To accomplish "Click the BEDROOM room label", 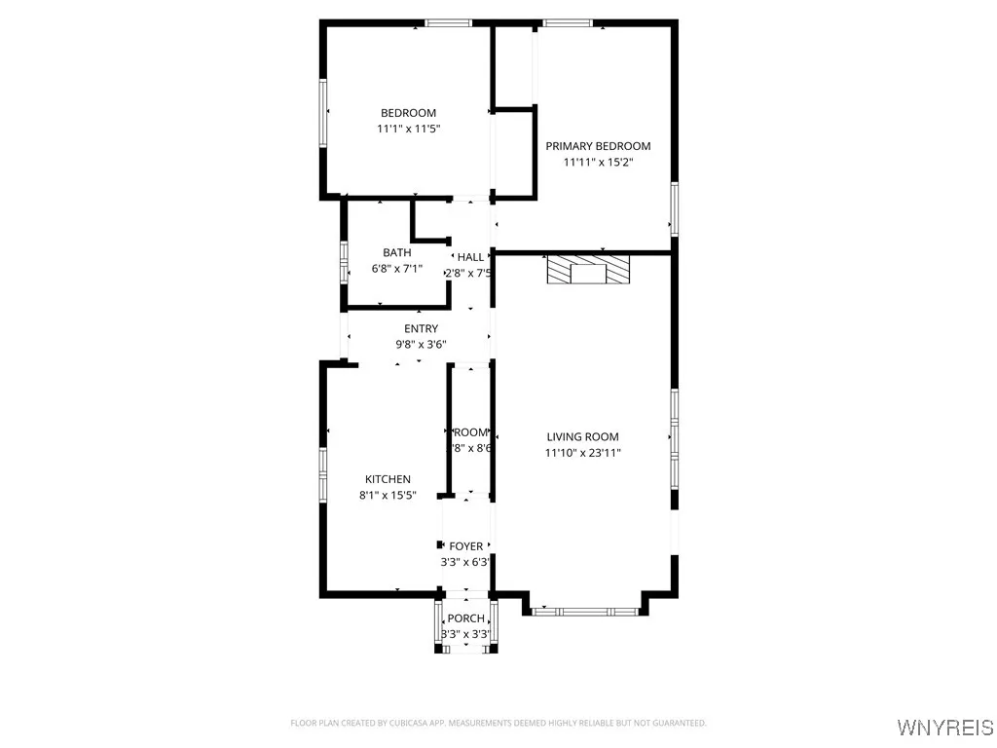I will (408, 113).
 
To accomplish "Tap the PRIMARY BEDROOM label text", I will (598, 146).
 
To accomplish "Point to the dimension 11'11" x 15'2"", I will (598, 162).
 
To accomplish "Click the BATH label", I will (396, 253).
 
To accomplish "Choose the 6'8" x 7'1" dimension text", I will (396, 269).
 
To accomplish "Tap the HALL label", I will (470, 257).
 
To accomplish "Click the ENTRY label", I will (421, 328).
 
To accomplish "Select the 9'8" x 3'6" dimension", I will (421, 344).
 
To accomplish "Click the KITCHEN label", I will (388, 479).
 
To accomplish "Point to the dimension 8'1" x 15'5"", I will (388, 495).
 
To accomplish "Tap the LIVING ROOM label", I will (582, 437).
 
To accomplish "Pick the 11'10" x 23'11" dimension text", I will (582, 453).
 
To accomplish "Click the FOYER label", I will (465, 546).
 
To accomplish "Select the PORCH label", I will (465, 618).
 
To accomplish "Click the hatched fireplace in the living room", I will (588, 270).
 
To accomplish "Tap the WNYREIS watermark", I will (943, 728).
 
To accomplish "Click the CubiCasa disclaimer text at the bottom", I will (498, 723).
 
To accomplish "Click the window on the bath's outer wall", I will (344, 261).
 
